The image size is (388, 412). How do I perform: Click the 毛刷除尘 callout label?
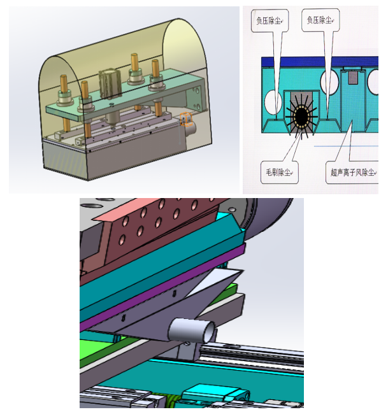(x=279, y=173)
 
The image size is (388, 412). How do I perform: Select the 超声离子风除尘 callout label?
(x=352, y=173)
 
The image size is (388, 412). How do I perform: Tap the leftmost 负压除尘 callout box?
(x=269, y=20)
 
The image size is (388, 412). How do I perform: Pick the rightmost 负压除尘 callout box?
(x=320, y=20)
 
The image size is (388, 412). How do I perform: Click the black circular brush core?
(x=301, y=116)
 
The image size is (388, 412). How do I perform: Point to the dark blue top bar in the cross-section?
(x=320, y=62)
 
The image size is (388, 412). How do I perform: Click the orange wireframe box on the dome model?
(x=186, y=119)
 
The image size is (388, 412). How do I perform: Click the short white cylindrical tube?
(x=191, y=330)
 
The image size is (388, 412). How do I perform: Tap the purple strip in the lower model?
(x=163, y=288)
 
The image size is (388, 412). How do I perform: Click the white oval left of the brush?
(x=273, y=103)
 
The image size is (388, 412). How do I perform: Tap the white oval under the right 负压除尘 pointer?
(x=329, y=82)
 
